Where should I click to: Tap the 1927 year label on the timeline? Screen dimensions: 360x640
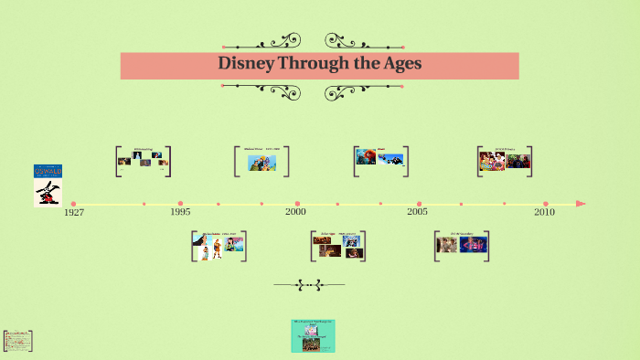click(x=74, y=213)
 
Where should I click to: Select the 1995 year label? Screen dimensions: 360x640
click(x=180, y=212)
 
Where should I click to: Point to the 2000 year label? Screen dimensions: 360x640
click(x=295, y=212)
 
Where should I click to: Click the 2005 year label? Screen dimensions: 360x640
click(x=417, y=212)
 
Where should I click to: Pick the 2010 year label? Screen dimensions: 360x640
click(x=544, y=212)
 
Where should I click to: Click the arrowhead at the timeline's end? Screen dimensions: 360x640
click(x=581, y=204)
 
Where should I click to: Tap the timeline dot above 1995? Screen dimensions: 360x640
click(x=180, y=204)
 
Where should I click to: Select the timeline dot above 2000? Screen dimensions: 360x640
click(x=297, y=204)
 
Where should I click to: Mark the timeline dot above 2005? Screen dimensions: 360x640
click(x=419, y=204)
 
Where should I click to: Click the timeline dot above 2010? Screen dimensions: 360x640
click(x=546, y=204)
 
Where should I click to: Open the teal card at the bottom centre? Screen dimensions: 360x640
click(x=313, y=335)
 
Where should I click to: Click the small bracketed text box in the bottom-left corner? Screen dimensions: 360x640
click(x=18, y=340)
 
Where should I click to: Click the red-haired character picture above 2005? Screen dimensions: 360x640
click(x=366, y=157)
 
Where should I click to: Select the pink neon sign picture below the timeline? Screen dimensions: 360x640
click(x=475, y=244)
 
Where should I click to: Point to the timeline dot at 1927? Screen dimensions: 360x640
click(x=73, y=204)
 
